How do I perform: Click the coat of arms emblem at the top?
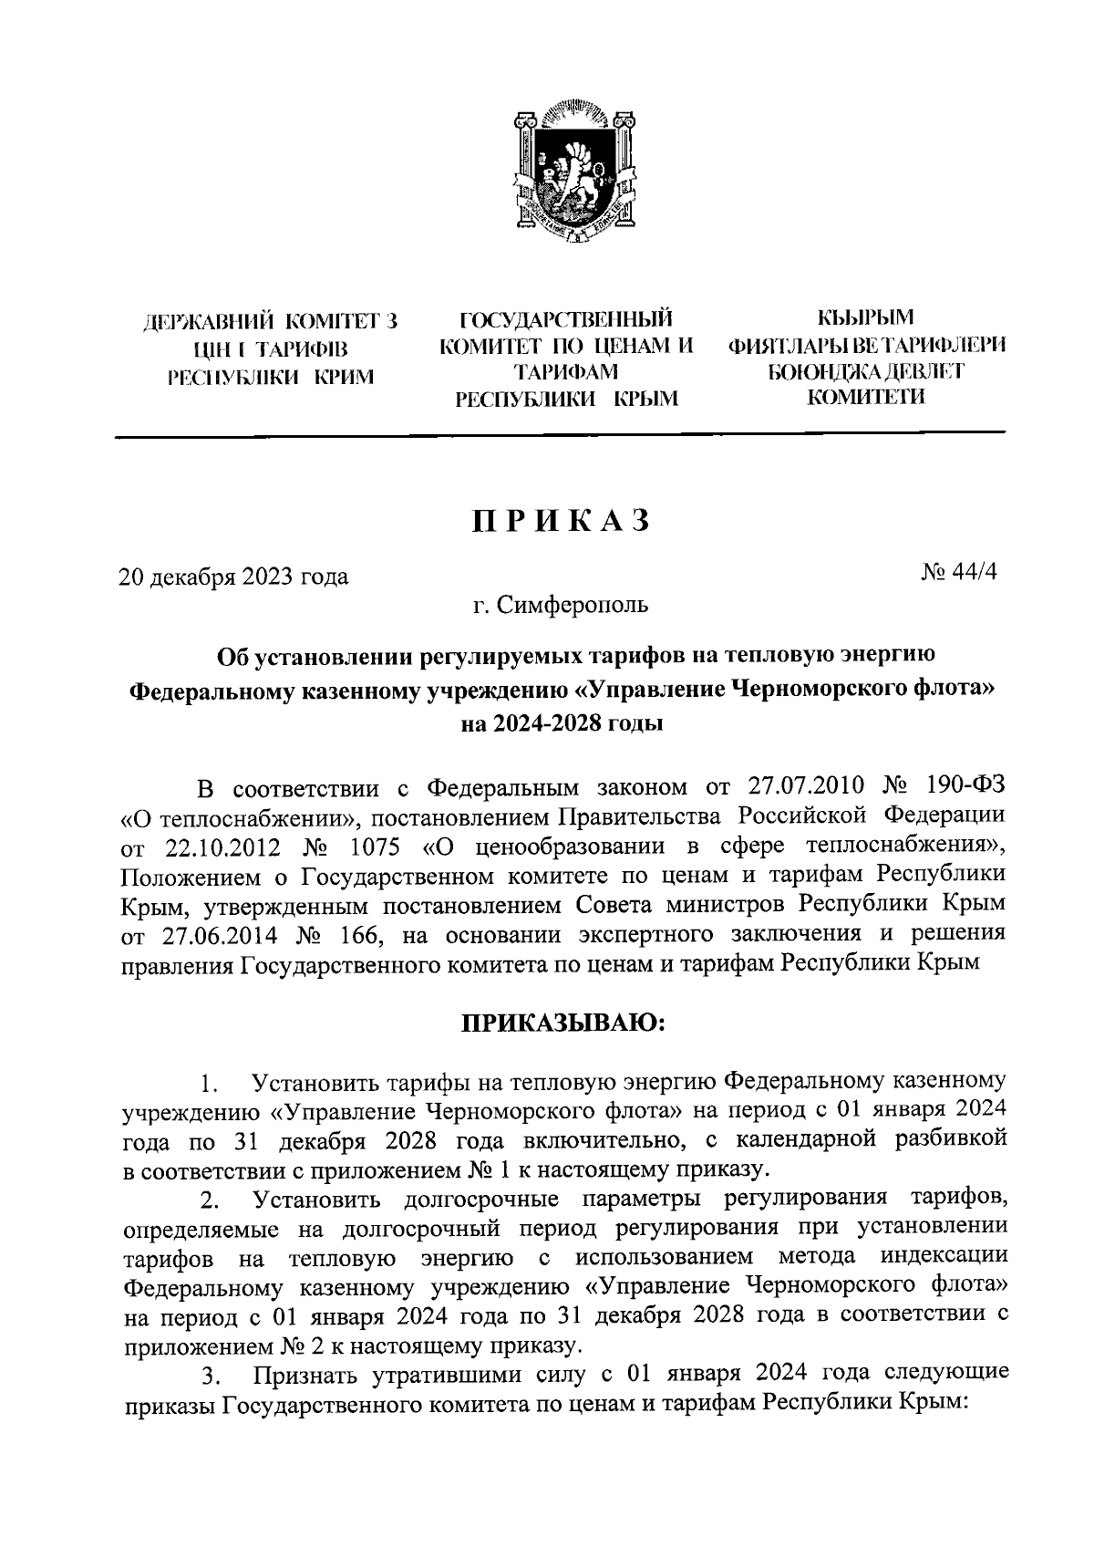[573, 175]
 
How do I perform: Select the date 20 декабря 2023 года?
[234, 577]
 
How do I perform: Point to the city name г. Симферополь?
[561, 604]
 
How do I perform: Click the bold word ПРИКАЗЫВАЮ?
[562, 1023]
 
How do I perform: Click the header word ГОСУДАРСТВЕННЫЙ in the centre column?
[566, 319]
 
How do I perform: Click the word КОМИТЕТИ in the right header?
[865, 397]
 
